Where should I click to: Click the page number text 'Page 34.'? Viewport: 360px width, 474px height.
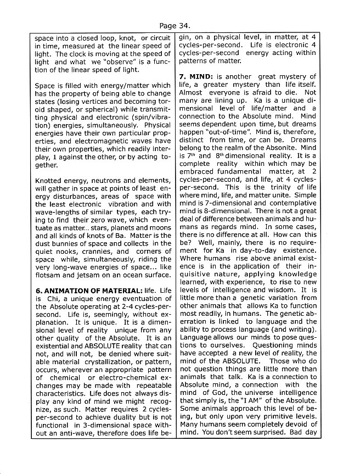click(175, 25)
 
